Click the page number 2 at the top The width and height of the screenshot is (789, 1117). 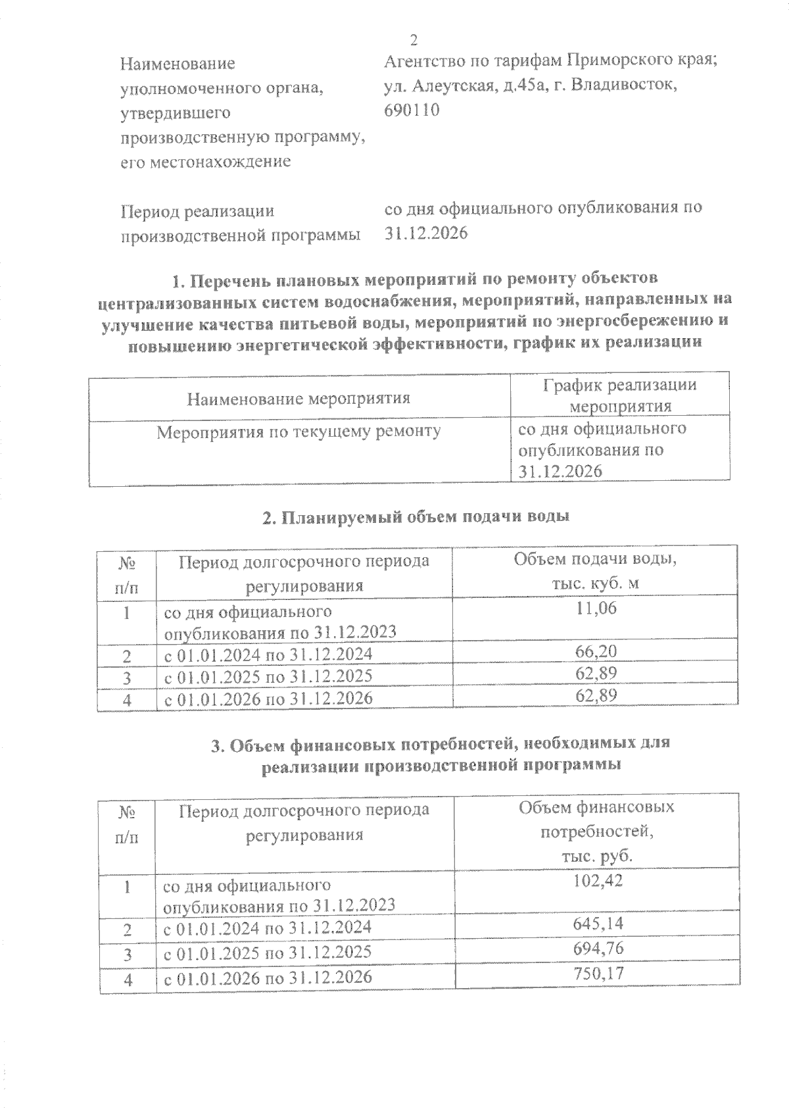tap(414, 41)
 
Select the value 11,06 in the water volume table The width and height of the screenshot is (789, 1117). tap(596, 608)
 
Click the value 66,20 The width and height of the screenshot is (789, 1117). tap(596, 652)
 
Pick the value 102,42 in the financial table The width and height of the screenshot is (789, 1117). tap(596, 881)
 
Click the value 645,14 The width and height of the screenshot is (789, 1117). tap(596, 924)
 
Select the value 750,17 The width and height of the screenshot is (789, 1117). tap(596, 974)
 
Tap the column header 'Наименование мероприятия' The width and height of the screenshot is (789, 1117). tap(299, 399)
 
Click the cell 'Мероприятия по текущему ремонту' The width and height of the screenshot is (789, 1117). tap(299, 432)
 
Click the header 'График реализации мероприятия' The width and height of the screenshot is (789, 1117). tap(620, 395)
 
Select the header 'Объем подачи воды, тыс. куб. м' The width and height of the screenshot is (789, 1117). tap(596, 571)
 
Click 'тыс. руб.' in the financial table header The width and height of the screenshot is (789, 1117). tap(596, 857)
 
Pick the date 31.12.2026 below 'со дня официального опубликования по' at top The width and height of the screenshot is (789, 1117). tap(425, 234)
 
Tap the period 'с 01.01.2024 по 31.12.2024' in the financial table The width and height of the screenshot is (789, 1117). tap(268, 928)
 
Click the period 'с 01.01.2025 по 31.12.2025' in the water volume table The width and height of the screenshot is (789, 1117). tap(268, 676)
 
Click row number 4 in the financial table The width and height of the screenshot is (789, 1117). tap(128, 979)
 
